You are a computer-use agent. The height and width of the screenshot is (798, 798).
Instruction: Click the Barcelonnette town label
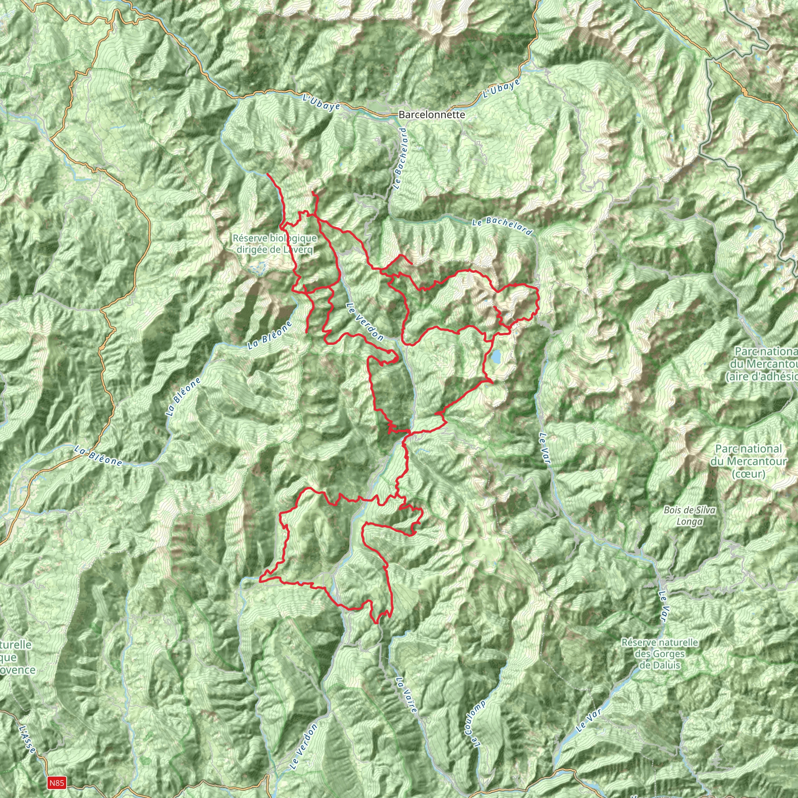[432, 115]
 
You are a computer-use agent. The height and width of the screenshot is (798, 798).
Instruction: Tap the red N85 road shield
[56, 782]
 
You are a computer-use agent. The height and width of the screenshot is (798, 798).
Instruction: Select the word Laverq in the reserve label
[298, 249]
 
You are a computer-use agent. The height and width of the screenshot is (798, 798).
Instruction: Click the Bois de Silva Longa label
[690, 516]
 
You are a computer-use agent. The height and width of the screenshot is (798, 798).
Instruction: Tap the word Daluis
[660, 665]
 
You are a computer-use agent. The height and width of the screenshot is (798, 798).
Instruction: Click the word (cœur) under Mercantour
[749, 474]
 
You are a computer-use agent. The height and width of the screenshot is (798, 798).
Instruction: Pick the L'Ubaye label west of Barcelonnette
[321, 102]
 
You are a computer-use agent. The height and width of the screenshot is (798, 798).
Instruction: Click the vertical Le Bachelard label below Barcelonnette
[400, 159]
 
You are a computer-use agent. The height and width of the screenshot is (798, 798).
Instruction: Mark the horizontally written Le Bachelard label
[501, 226]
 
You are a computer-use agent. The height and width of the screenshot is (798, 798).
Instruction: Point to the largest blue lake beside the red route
[496, 356]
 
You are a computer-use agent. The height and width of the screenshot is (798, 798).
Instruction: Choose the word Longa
[690, 522]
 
